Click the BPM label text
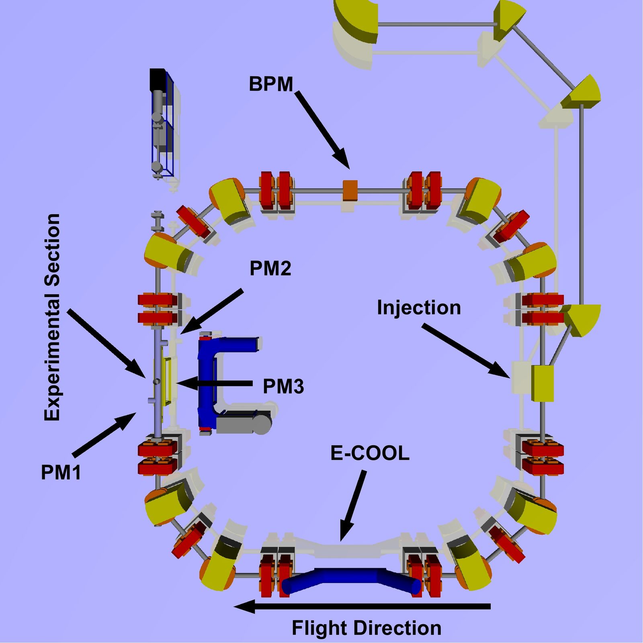271,84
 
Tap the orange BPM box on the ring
350,190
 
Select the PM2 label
270,268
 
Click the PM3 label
283,387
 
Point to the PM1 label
61,472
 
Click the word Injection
419,308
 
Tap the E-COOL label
370,453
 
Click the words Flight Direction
366,628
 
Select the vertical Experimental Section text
52,317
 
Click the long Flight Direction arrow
362,606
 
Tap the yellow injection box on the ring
543,383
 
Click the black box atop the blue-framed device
158,80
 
